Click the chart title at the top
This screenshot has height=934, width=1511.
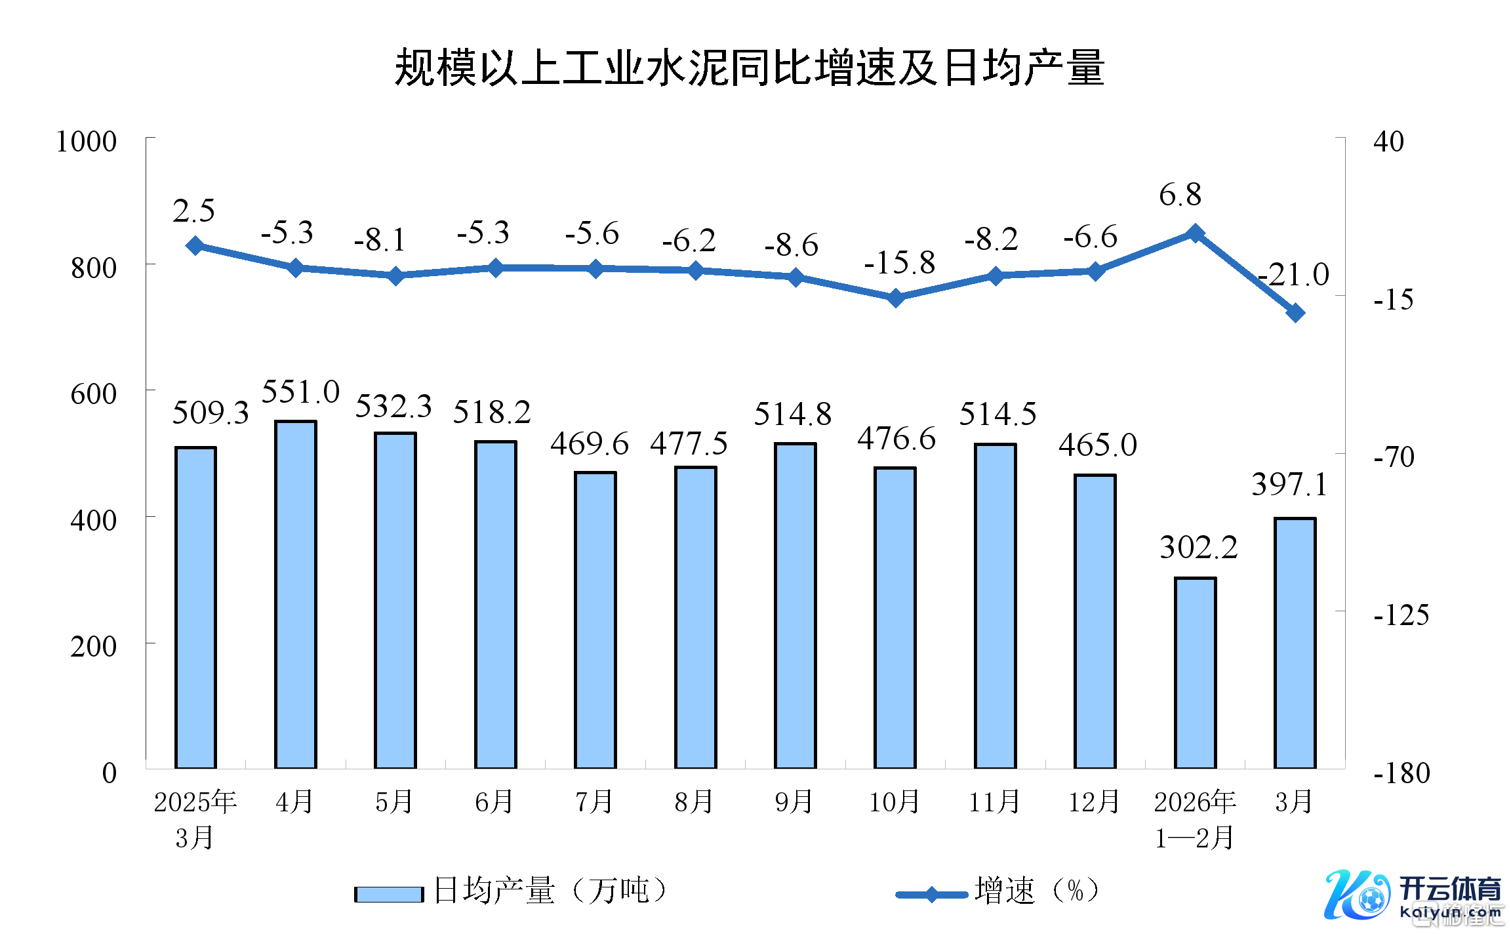point(749,68)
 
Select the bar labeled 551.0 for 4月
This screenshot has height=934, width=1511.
point(295,594)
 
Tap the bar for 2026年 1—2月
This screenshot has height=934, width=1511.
point(1195,672)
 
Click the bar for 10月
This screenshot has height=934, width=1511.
point(895,617)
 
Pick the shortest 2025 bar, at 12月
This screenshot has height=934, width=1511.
point(1095,621)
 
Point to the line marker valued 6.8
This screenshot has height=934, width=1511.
point(1195,233)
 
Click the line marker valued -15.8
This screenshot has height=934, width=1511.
point(895,298)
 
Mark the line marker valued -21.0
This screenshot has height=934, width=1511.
point(1295,313)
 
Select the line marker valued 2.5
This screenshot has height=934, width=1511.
point(195,246)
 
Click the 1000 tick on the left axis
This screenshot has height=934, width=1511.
point(87,142)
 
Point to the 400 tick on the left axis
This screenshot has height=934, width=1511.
point(93,520)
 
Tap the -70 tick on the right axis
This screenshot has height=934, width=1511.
point(1394,457)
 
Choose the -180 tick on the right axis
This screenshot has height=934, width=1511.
point(1401,773)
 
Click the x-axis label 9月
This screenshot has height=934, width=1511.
point(794,802)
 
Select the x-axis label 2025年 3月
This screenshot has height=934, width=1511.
point(195,819)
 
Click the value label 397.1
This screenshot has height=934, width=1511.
point(1289,485)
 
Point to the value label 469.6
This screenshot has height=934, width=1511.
point(589,444)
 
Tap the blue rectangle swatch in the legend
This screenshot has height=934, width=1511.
point(389,894)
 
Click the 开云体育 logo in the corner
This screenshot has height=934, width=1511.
point(1413,896)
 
